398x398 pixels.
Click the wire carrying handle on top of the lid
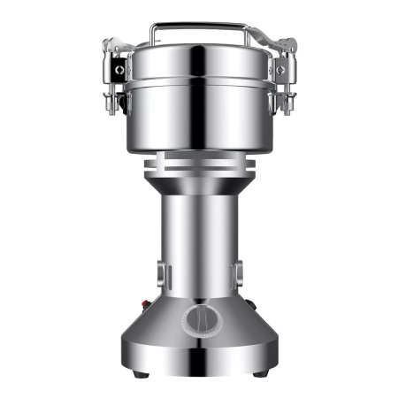199,26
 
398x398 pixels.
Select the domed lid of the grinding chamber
199,62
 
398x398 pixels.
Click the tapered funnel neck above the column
199,188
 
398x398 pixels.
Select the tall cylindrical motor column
199,248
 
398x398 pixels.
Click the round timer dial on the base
199,319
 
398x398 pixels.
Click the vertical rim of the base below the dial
199,358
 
